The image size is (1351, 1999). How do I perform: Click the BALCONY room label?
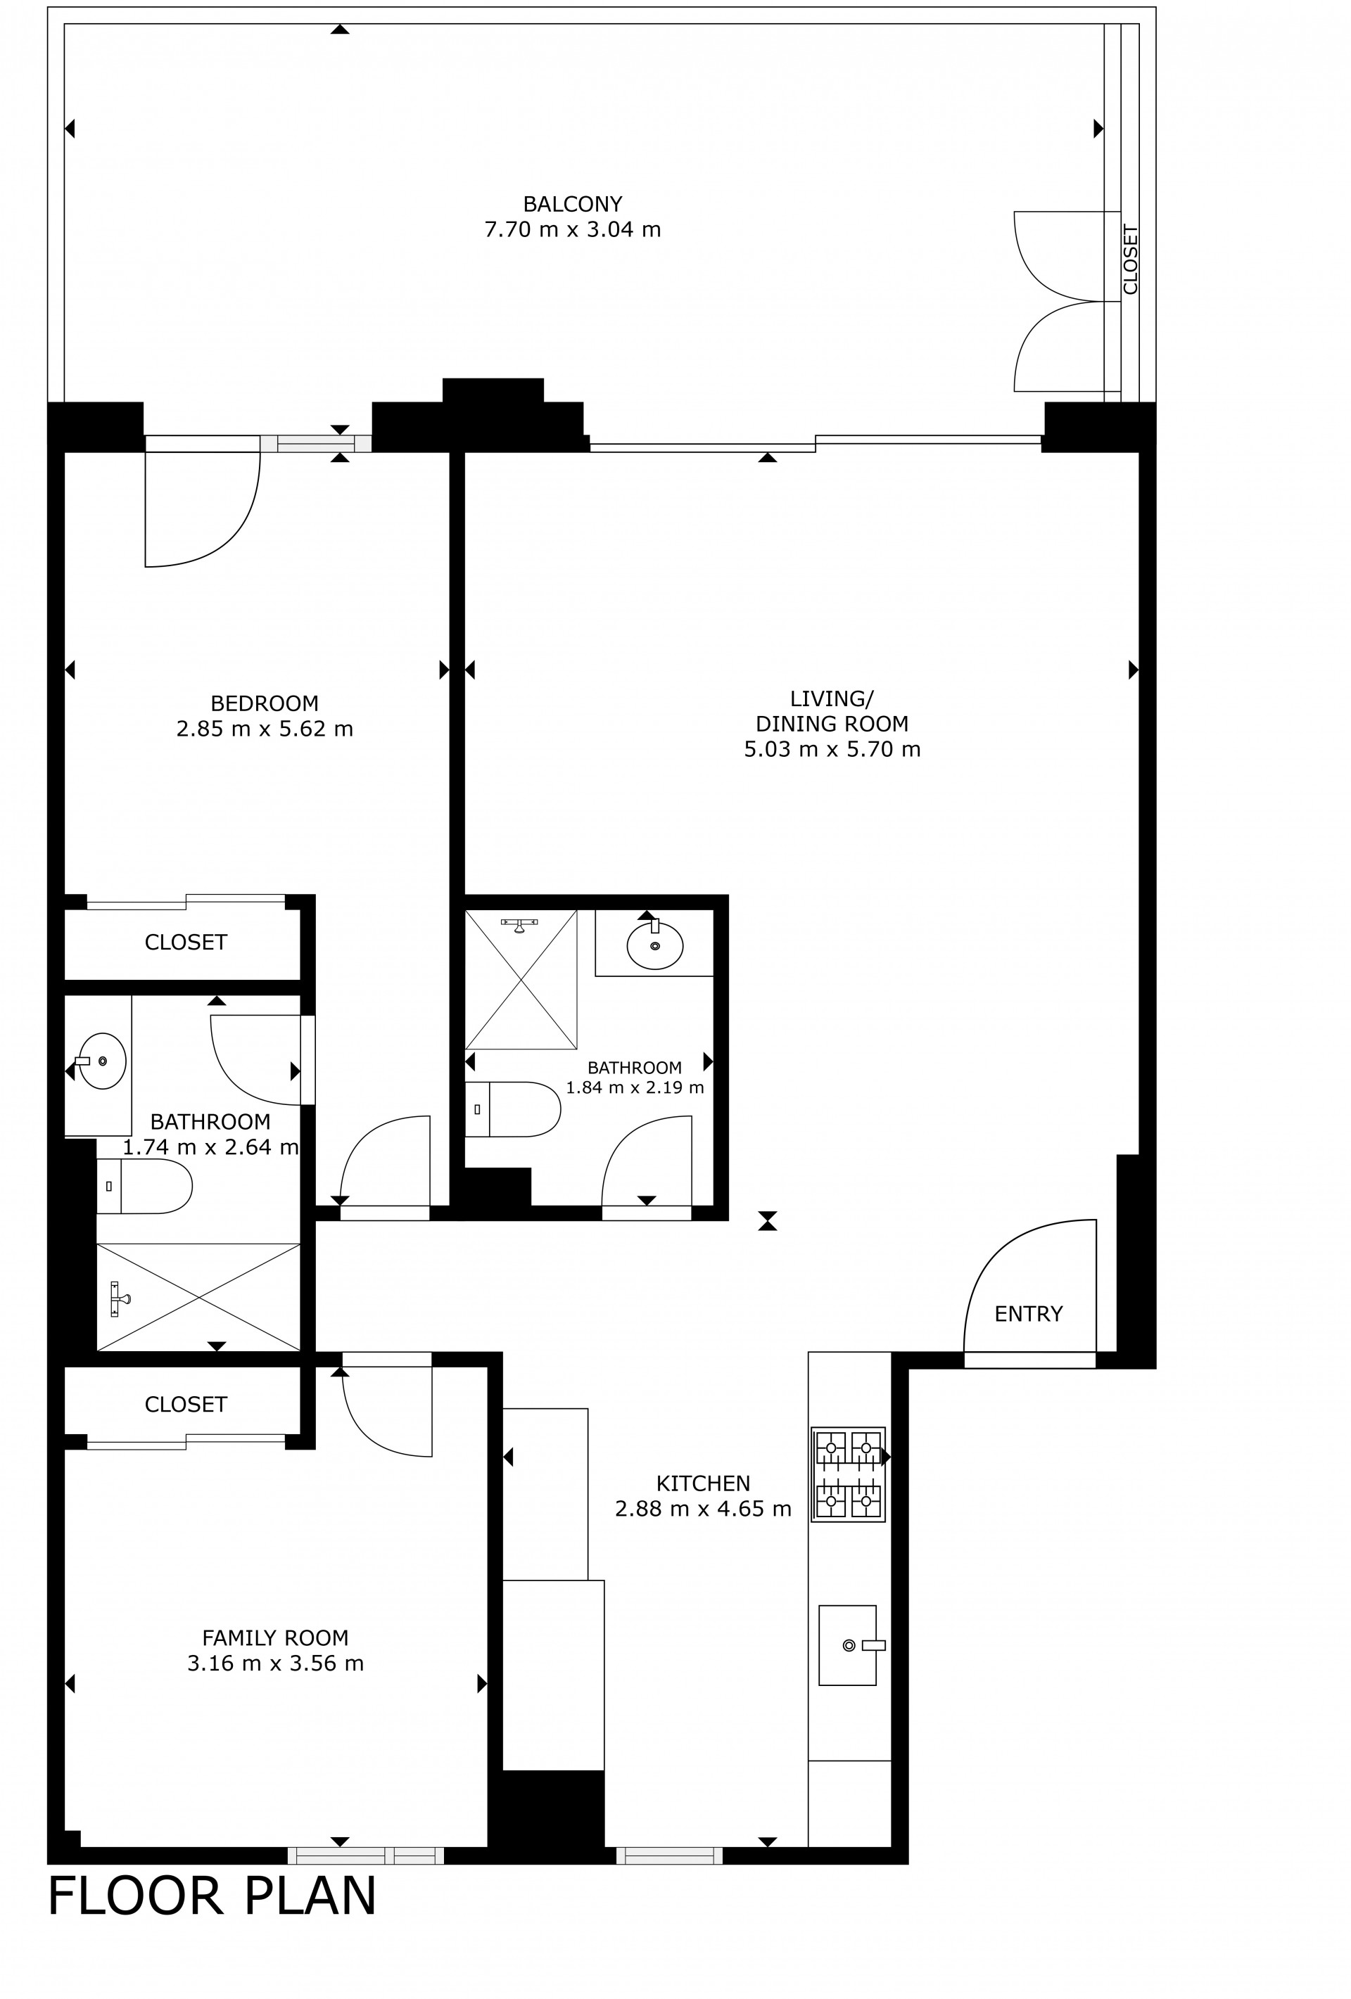(572, 204)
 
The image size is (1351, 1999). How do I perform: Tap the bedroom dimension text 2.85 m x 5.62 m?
(265, 729)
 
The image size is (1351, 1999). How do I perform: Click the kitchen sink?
(849, 1644)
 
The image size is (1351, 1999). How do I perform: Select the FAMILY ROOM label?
(275, 1637)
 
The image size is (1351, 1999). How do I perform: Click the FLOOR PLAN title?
(212, 1896)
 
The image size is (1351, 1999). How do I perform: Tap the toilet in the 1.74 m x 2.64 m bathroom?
(144, 1186)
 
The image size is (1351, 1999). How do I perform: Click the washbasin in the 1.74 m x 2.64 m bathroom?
(101, 1061)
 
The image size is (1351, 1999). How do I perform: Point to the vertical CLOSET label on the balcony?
(1131, 259)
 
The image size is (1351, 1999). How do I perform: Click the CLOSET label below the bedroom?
(186, 942)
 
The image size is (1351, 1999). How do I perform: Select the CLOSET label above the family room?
(186, 1404)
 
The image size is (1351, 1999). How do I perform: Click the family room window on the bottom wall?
(366, 1856)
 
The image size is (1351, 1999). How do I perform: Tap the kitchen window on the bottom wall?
(669, 1856)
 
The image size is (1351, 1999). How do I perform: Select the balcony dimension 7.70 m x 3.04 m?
(572, 230)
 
